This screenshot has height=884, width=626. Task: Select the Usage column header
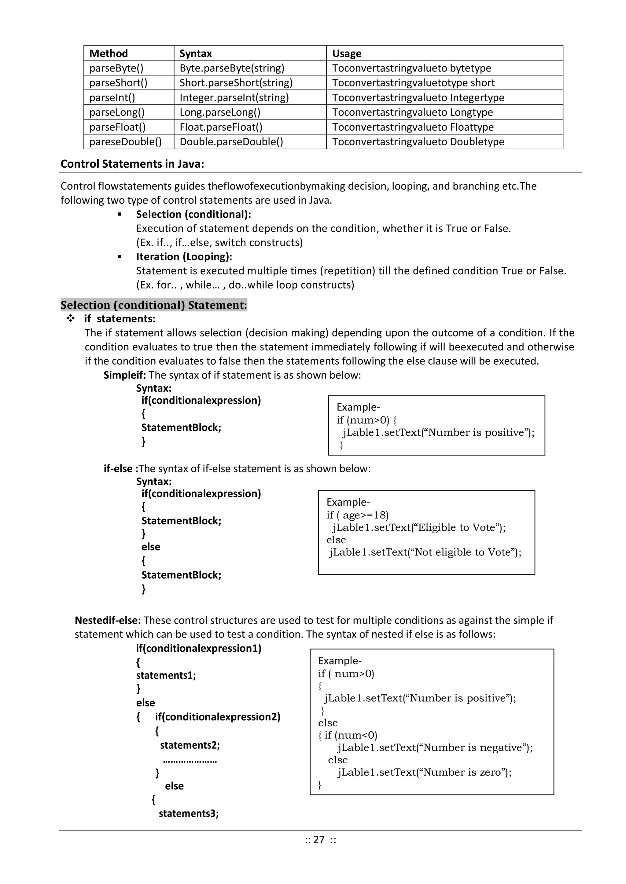click(347, 53)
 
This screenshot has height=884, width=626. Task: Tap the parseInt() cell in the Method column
click(112, 97)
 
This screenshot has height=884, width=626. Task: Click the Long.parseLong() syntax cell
click(220, 112)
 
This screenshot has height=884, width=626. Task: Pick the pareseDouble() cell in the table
click(125, 142)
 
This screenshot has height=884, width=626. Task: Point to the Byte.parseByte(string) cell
click(232, 68)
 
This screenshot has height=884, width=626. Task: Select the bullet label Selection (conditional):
click(193, 214)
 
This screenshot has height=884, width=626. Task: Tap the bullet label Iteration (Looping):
click(184, 256)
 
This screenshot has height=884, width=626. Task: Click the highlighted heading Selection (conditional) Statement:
click(153, 305)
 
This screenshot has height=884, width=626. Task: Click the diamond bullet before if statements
click(71, 318)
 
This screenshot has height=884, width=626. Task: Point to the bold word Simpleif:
click(124, 375)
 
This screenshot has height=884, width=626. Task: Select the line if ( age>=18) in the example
click(357, 515)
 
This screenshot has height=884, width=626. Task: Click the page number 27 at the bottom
click(319, 839)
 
